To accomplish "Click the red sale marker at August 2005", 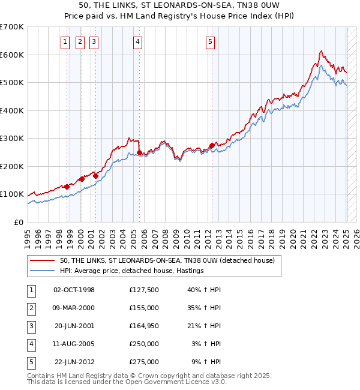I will [x=139, y=152].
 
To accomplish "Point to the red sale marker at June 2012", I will [x=212, y=145].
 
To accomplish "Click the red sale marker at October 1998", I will [x=67, y=187].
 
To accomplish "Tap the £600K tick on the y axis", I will [x=11, y=55].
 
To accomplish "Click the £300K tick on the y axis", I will [x=11, y=139].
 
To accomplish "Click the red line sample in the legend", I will [x=43, y=260].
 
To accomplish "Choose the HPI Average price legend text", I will [x=131, y=271].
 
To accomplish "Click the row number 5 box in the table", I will [x=30, y=362].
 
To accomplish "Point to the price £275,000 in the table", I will [x=144, y=362].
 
